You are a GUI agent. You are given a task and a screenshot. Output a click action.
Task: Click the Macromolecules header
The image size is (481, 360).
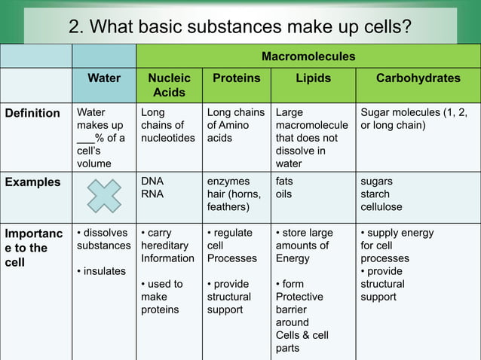click(x=308, y=56)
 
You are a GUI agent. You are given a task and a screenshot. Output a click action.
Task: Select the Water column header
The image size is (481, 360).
click(x=104, y=78)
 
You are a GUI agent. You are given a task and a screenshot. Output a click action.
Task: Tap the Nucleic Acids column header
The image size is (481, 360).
click(x=169, y=84)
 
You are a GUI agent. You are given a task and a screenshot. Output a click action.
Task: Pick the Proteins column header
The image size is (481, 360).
click(x=237, y=78)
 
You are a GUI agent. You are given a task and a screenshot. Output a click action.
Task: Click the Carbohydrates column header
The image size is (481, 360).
click(x=418, y=78)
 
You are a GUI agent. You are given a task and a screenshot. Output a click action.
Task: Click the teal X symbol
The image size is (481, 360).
click(x=103, y=196)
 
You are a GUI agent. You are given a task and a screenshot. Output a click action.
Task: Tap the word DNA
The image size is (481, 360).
click(x=152, y=182)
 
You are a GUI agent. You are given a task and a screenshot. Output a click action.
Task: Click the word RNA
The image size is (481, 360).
click(x=152, y=194)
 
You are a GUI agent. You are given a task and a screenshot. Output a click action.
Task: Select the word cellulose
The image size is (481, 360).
click(x=381, y=206)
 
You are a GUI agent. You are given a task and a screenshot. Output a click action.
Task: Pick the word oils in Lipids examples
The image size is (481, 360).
click(x=284, y=194)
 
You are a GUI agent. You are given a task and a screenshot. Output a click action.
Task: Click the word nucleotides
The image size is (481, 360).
click(x=168, y=138)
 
